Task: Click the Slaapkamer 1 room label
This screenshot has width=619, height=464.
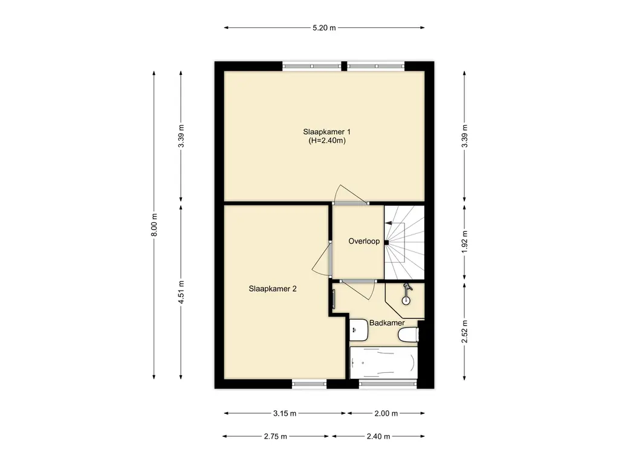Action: coord(326,132)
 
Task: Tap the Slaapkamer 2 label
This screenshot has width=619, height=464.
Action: coord(273,289)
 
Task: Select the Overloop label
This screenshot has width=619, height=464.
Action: coord(363,241)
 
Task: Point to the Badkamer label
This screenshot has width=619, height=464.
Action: coord(387,323)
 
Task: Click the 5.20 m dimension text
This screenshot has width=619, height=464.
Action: coord(324,28)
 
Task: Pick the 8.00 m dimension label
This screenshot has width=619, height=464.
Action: coord(154,225)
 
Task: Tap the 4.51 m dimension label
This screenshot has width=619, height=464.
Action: coord(181,292)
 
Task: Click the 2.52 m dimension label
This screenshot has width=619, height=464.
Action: coord(465,332)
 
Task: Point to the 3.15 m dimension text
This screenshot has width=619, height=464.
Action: coord(285,413)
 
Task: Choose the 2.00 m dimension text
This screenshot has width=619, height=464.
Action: coord(386,413)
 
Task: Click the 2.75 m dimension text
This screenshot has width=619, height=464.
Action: coord(276,436)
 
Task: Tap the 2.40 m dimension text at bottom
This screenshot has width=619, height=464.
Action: coord(378,436)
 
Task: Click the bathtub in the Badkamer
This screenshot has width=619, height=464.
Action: coord(384,363)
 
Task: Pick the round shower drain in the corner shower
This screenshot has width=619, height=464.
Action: coord(406,301)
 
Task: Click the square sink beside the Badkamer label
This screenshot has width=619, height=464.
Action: coord(359,330)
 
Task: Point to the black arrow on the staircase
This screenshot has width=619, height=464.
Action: coord(389,223)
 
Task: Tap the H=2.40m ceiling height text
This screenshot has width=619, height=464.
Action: coord(327,140)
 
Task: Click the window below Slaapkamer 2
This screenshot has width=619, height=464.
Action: coord(309,383)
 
